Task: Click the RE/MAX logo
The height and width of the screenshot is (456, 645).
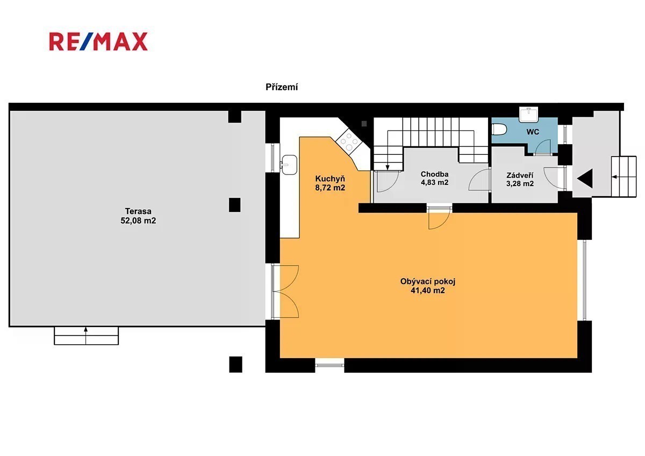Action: point(98,42)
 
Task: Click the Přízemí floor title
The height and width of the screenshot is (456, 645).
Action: point(282,87)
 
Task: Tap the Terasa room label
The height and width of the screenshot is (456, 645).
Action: point(138,211)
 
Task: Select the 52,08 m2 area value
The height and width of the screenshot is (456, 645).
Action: point(138,220)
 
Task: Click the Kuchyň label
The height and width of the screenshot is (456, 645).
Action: point(330,179)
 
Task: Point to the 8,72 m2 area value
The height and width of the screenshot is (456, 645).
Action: point(330,188)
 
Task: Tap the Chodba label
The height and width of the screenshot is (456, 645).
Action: point(434,174)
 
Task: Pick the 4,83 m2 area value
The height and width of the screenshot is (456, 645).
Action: point(434,183)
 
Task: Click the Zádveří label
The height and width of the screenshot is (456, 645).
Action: point(520,175)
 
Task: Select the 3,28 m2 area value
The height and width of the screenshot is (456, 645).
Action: point(520,183)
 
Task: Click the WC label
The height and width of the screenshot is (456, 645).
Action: point(533,132)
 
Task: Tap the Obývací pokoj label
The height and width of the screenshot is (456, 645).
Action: point(428,281)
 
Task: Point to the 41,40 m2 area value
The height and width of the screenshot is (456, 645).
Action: point(428,290)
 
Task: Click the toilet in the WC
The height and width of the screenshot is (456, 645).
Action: point(499,130)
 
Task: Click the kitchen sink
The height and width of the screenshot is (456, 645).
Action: point(289,165)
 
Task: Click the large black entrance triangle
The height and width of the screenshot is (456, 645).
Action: point(585,179)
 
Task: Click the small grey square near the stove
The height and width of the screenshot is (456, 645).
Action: point(364,124)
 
